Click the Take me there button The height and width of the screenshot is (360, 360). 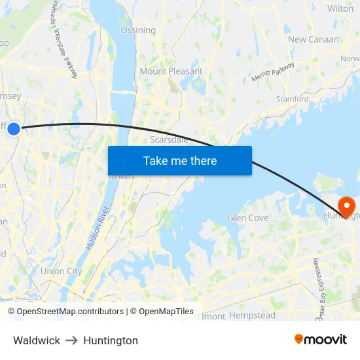point(180,160)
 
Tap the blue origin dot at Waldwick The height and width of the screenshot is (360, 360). point(14,129)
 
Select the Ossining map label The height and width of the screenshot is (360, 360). point(138,30)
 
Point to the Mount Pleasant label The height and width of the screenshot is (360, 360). point(171,71)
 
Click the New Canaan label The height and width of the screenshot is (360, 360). point(314,39)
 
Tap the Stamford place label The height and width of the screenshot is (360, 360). point(292,99)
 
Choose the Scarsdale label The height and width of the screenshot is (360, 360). point(169,139)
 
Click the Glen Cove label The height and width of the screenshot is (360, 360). point(248,218)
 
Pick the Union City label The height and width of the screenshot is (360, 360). point(61,271)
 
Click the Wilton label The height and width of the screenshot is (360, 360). point(340,9)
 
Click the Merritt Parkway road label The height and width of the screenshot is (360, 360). point(272,73)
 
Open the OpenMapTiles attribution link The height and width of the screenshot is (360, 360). point(166,312)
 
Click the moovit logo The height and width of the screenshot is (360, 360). point(320,340)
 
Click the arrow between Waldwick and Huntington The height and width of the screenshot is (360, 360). point(72,340)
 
